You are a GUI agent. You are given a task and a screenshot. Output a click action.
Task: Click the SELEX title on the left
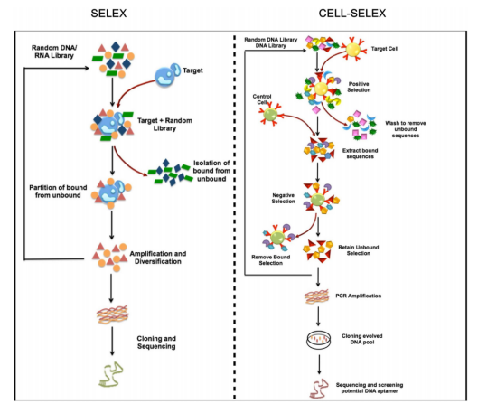pos(108,14)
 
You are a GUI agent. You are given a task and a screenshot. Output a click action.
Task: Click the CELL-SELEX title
pos(352,14)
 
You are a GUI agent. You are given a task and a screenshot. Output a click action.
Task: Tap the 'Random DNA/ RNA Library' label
pos(54,52)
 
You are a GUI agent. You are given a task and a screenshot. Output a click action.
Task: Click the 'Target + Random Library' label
pos(164,125)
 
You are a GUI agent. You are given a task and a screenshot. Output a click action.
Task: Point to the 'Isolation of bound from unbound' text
pos(211,171)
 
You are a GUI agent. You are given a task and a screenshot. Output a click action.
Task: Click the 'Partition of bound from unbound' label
pos(58,192)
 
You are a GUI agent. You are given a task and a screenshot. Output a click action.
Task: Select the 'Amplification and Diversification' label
pos(158,258)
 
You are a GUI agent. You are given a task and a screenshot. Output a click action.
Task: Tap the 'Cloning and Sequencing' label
pos(156,343)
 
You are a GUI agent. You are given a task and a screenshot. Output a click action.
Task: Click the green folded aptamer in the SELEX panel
pos(110,374)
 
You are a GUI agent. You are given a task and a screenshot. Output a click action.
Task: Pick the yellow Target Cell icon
pos(353,50)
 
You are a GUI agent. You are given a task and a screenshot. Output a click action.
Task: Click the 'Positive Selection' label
pos(359,87)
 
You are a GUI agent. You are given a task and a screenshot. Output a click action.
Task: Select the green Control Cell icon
pos(270,114)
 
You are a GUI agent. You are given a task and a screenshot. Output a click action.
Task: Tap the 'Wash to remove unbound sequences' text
pos(406,129)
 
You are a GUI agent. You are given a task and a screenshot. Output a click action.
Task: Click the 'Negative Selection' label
pos(283,198)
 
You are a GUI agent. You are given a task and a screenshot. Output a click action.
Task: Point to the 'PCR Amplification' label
pos(359,296)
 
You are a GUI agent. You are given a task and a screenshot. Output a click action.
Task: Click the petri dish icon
pos(319,339)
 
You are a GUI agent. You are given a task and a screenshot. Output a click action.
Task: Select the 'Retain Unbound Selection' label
pos(359,250)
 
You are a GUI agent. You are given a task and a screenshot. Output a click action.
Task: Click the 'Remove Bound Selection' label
pos(271,259)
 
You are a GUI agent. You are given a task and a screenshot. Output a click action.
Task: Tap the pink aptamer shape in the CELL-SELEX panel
pos(319,389)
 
